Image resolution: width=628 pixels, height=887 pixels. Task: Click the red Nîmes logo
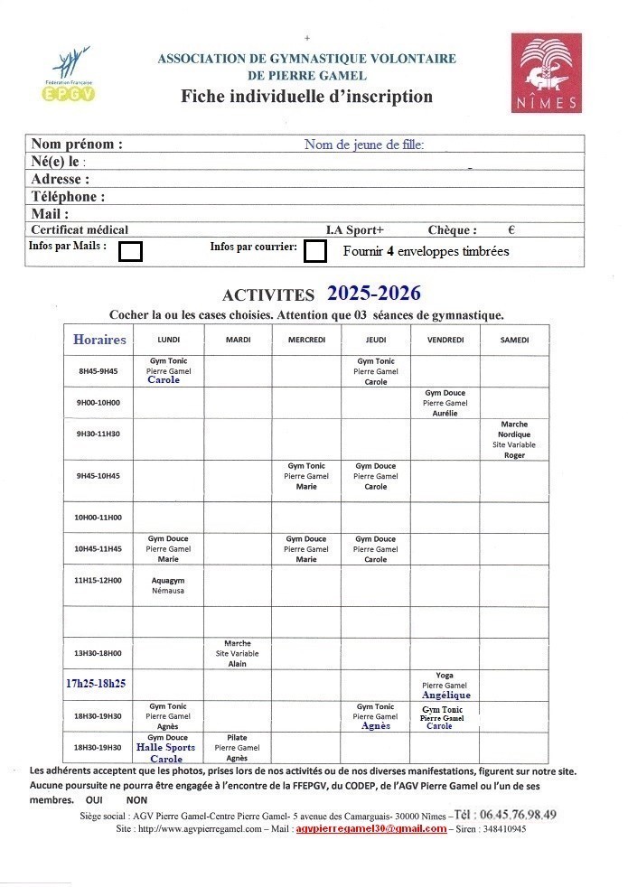546,73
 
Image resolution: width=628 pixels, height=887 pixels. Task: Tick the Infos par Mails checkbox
131,251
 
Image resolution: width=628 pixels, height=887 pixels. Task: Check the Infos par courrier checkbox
315,251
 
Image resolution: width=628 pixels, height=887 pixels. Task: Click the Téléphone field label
68,196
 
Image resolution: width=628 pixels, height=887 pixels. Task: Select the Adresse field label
61,179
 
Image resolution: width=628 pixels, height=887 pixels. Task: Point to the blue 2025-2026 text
373,294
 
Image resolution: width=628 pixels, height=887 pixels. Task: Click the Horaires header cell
99,340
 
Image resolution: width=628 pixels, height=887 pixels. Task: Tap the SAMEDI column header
514,340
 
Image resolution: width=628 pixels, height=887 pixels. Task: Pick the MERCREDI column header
306,340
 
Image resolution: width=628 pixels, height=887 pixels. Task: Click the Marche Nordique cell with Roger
514,440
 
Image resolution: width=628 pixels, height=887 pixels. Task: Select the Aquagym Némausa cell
168,584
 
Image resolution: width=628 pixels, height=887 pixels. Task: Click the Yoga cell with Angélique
445,686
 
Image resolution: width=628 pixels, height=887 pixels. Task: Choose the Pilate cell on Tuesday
237,748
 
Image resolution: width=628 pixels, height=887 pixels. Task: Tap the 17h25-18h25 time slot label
95,684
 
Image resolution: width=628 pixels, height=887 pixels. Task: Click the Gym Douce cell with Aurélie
445,403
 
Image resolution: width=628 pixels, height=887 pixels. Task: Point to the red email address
370,829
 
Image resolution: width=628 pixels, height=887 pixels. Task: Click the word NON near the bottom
136,800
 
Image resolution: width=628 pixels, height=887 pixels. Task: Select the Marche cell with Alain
237,654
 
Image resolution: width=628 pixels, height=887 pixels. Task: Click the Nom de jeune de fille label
364,145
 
